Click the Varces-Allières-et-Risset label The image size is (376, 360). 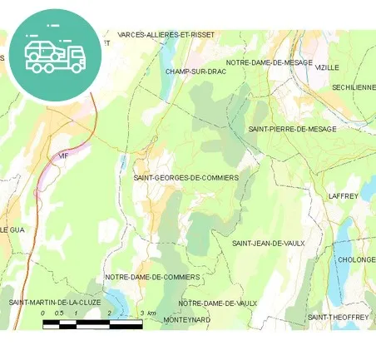(166, 35)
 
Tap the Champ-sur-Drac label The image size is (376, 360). (195, 72)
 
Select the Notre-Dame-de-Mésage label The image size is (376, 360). (269, 62)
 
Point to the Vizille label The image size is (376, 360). (327, 67)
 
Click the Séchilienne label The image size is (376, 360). (354, 86)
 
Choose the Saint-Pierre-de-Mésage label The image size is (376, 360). (292, 130)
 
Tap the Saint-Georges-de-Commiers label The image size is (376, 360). (186, 178)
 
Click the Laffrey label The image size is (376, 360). (343, 196)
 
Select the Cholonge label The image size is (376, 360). (357, 259)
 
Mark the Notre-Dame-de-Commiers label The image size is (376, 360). (152, 277)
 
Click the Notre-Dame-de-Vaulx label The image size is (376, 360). (217, 303)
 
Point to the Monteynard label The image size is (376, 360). (187, 319)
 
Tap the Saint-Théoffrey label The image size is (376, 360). (338, 317)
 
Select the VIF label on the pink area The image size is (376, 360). (62, 155)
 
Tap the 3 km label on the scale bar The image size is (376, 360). (148, 313)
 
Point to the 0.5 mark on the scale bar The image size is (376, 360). (58, 313)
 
